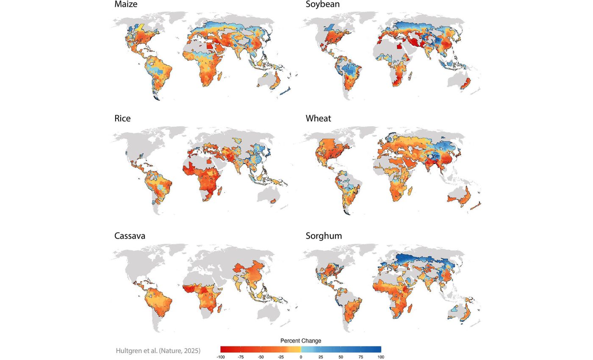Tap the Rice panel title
pyautogui.click(x=122, y=119)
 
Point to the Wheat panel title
pyautogui.click(x=318, y=119)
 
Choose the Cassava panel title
pyautogui.click(x=130, y=236)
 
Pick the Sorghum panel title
pyautogui.click(x=324, y=236)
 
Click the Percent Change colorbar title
pyautogui.click(x=301, y=341)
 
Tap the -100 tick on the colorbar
pyautogui.click(x=220, y=357)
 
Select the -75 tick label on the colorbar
pyautogui.click(x=240, y=357)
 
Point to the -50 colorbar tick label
pyautogui.click(x=260, y=357)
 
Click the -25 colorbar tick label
pyautogui.click(x=280, y=357)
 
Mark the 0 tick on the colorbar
pyautogui.click(x=301, y=357)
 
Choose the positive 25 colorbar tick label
pyautogui.click(x=321, y=357)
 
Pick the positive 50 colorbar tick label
pyautogui.click(x=341, y=357)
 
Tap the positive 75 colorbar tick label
pyautogui.click(x=361, y=357)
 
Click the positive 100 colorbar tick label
pyautogui.click(x=381, y=357)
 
